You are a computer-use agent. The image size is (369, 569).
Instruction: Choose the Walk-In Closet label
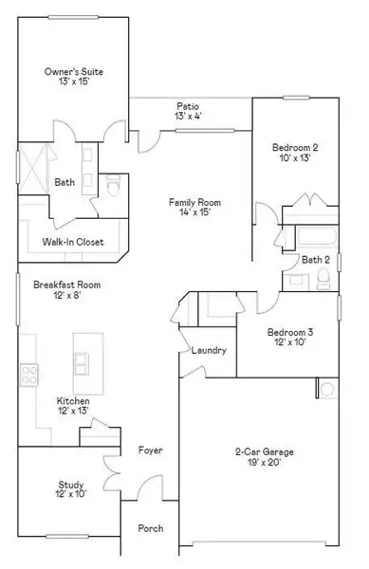coord(72,242)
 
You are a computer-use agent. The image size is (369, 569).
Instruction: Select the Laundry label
coord(209,350)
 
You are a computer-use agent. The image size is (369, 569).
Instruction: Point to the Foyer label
coord(150,450)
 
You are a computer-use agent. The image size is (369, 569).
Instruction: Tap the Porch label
coord(150,528)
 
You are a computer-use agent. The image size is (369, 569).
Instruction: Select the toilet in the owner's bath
coord(112,191)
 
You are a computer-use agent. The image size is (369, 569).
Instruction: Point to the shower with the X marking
coord(36,167)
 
